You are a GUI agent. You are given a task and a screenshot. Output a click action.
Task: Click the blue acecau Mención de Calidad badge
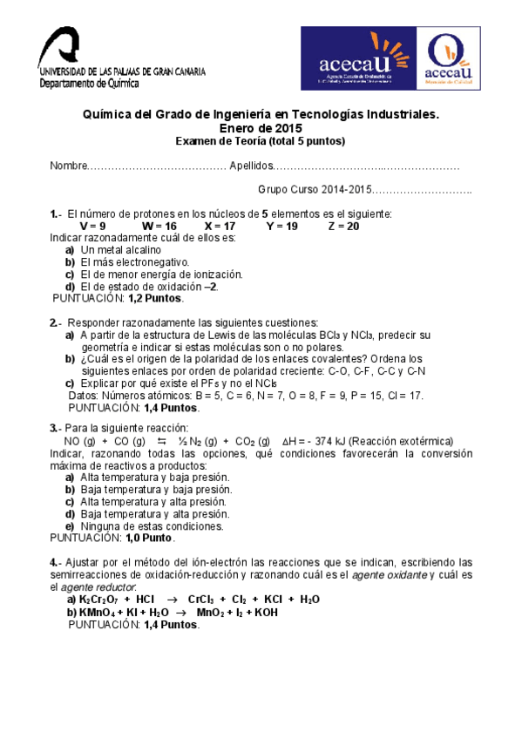coord(446,58)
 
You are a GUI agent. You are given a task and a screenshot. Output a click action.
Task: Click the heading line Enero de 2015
coord(261,127)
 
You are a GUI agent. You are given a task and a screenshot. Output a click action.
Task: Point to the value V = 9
coord(92,226)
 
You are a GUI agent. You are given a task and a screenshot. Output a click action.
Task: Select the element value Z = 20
coord(343,226)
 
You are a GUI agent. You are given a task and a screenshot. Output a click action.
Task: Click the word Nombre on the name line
coord(69,166)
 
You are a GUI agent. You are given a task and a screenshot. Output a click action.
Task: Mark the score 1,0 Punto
coord(152,538)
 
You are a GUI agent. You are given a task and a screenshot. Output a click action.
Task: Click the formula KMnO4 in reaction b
coord(96,612)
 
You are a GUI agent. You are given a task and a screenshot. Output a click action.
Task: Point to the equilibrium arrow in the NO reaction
coord(161,441)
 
